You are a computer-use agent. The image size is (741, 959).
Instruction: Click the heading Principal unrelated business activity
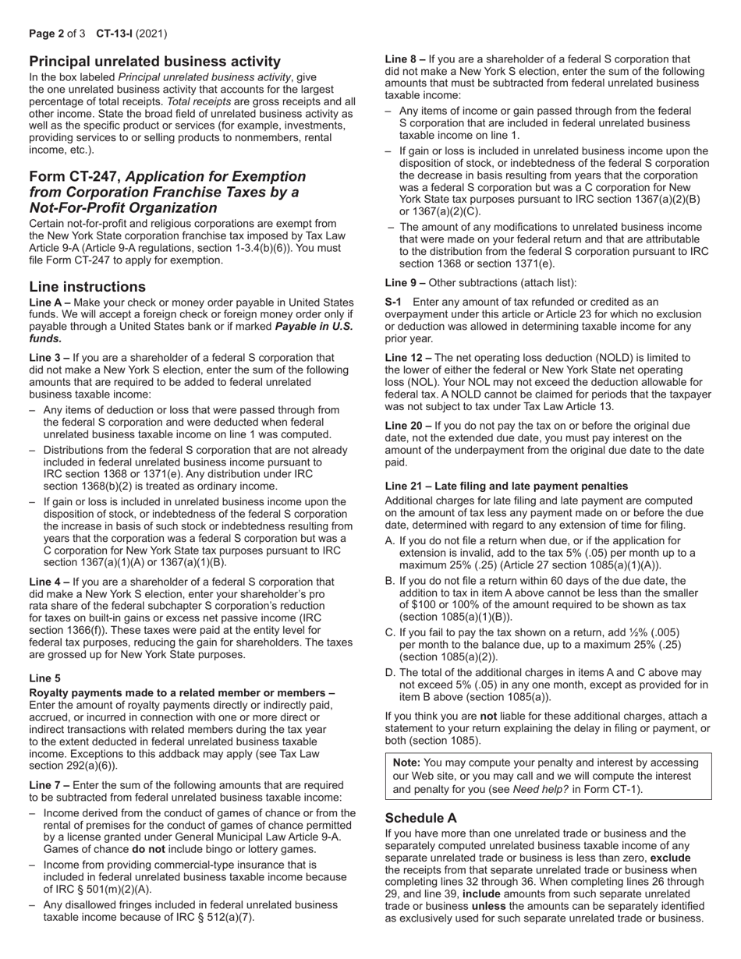click(x=154, y=62)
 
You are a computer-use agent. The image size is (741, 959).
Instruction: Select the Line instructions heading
click(x=87, y=286)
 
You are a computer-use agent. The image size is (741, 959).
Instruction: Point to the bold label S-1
click(x=394, y=302)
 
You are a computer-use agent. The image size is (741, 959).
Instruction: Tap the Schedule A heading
click(x=420, y=817)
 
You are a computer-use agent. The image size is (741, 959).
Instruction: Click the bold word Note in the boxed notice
click(x=406, y=763)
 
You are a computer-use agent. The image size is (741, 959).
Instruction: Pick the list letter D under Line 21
click(x=390, y=672)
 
